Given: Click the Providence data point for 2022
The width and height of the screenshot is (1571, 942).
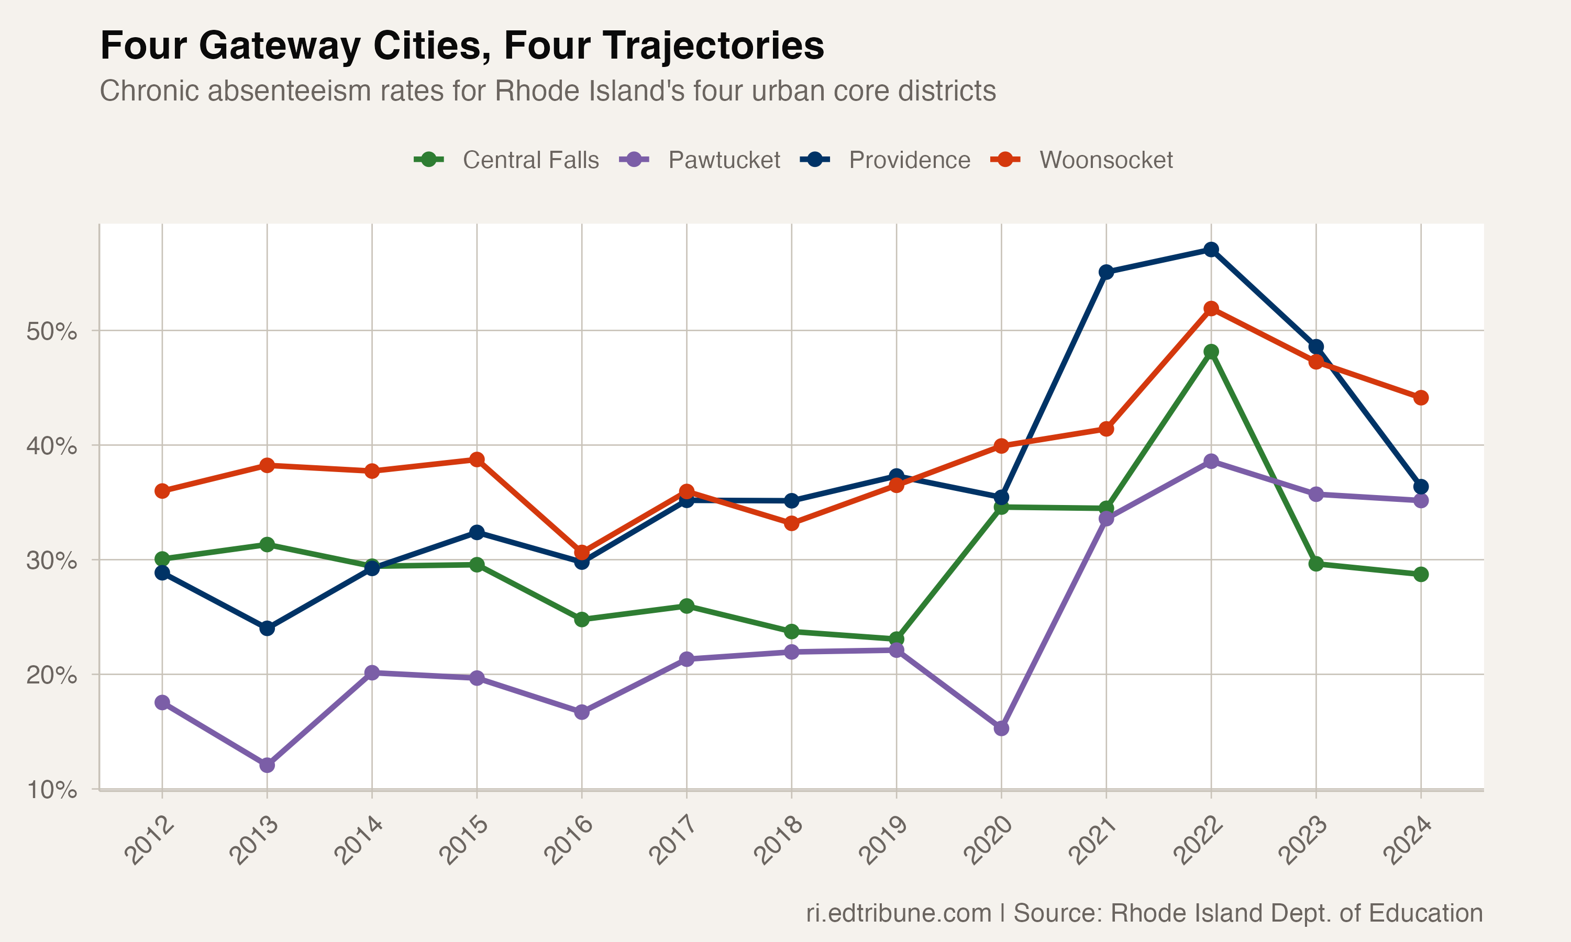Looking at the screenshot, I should click(1211, 250).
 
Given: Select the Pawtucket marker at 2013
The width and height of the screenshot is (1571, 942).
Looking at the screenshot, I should click(267, 765).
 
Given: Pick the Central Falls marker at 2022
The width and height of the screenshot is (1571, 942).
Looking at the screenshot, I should click(1211, 352).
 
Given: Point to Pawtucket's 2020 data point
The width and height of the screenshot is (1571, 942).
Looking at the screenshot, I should click(1001, 728).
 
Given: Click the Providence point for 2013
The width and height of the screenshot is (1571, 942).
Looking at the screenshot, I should click(267, 629).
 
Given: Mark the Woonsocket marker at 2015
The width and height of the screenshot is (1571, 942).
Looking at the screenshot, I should click(477, 459).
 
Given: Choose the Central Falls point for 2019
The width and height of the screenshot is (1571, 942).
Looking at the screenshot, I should click(896, 638).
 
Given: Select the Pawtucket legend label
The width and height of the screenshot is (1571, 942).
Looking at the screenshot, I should click(723, 160).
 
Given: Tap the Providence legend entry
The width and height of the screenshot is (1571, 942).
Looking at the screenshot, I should click(909, 160).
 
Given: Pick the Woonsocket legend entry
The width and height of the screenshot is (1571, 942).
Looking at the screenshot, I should click(1105, 160).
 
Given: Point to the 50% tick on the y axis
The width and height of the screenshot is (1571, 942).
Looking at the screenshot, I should click(51, 331).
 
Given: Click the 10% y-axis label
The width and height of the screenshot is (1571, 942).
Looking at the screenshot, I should click(51, 790).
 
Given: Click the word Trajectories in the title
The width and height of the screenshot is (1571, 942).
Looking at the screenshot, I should click(663, 47).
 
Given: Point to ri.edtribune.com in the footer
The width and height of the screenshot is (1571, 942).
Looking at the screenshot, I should click(899, 913).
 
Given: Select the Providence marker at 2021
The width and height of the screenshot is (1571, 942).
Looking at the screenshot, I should click(1106, 272).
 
